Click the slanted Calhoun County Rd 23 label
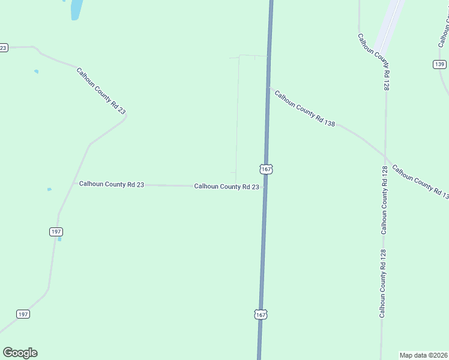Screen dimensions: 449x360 (101, 91)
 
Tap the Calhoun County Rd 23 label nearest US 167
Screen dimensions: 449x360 (226, 187)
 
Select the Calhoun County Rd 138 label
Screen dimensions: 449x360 (304, 107)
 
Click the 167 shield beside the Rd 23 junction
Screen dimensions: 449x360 (267, 170)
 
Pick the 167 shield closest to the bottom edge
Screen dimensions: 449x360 (261, 314)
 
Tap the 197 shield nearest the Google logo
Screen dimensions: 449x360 (23, 314)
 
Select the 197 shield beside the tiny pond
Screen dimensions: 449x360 (56, 232)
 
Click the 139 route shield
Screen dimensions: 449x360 (439, 64)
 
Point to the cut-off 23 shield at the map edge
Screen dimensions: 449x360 (3, 47)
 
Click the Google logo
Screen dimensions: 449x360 (20, 353)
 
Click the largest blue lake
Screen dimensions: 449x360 (76, 10)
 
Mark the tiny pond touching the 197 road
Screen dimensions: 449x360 (59, 239)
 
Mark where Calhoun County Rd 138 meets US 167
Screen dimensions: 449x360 (268, 88)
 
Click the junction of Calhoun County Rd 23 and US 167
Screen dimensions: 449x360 (264, 186)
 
